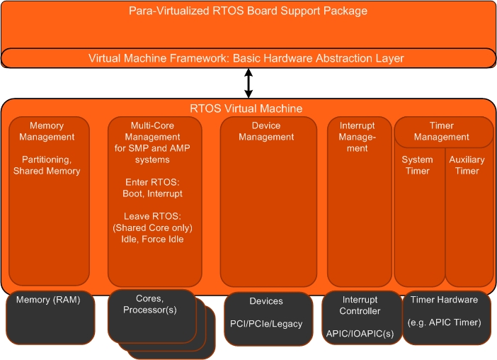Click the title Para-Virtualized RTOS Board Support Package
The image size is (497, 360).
pyautogui.click(x=248, y=11)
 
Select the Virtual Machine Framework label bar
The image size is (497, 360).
pyautogui.click(x=248, y=57)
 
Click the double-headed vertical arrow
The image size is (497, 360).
pyautogui.click(x=248, y=83)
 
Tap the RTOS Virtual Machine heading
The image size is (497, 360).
pyautogui.click(x=246, y=108)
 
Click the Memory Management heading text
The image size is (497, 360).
pyautogui.click(x=47, y=131)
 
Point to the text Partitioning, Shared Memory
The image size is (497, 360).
pyautogui.click(x=47, y=165)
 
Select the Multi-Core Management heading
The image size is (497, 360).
pyautogui.click(x=154, y=137)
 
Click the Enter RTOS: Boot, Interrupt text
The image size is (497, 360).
pyautogui.click(x=154, y=188)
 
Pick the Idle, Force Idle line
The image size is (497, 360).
pyautogui.click(x=154, y=239)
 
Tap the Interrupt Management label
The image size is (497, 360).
pyautogui.click(x=358, y=137)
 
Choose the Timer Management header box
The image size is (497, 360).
pyautogui.click(x=442, y=131)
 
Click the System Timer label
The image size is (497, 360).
pyautogui.click(x=417, y=165)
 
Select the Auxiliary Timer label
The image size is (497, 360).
pyautogui.click(x=467, y=165)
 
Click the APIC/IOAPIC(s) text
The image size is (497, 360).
pyautogui.click(x=360, y=331)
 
